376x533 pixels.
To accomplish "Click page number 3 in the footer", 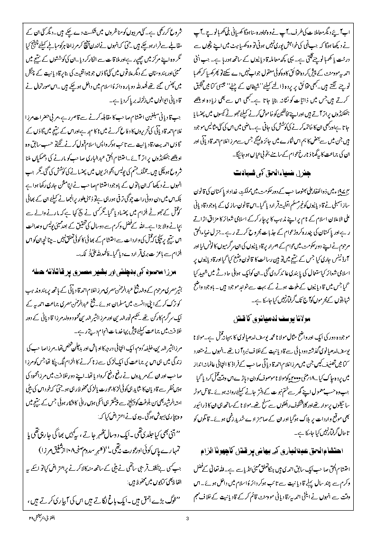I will point(188,518).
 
